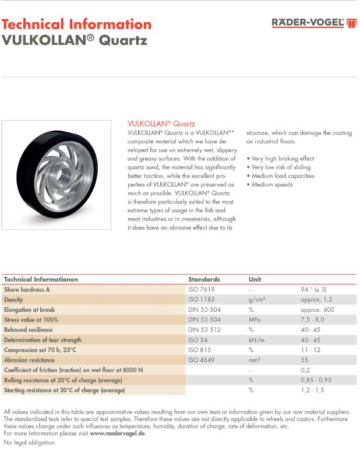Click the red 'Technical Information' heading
click(76, 24)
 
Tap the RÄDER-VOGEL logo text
click(308, 23)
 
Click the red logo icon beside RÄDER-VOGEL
click(351, 23)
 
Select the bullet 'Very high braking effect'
click(280, 159)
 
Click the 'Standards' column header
click(204, 279)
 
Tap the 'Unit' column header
click(255, 279)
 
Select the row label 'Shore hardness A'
click(27, 289)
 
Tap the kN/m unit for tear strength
click(256, 339)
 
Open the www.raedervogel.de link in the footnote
click(117, 434)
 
